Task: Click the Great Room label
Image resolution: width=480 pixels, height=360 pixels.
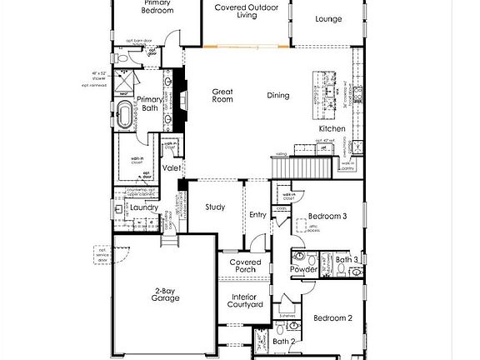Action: (222, 96)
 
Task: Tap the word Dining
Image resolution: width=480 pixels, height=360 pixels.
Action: (278, 96)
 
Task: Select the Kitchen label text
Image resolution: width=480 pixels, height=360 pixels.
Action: (331, 129)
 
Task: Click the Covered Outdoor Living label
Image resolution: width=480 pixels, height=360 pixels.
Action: (246, 11)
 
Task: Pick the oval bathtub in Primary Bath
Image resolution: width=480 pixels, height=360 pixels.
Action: (127, 115)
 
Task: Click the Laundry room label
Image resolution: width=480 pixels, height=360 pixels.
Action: (144, 207)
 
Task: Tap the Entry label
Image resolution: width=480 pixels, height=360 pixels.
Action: (257, 215)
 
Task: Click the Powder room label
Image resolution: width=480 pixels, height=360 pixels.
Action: (302, 270)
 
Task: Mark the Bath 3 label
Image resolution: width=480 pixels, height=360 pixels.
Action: (347, 260)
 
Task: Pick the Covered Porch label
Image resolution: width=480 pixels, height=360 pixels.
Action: (246, 267)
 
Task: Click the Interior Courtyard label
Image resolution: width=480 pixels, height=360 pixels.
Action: (246, 301)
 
